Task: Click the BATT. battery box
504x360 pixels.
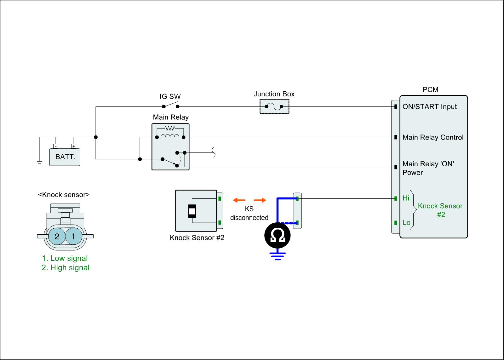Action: tap(65, 157)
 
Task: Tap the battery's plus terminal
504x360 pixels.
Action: tap(73, 146)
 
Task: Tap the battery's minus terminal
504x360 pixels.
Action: tap(55, 146)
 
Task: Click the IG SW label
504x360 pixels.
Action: tap(170, 97)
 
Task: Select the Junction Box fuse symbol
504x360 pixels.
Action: tap(274, 106)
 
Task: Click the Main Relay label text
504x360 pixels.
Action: tap(171, 117)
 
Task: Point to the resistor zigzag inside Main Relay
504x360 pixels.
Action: tap(170, 128)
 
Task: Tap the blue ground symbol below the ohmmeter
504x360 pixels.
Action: tap(277, 256)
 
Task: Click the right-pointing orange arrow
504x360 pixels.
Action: tap(260, 200)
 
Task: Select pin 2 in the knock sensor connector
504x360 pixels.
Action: tap(57, 237)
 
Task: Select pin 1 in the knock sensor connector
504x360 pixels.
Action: tap(73, 237)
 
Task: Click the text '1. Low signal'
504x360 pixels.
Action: tap(65, 258)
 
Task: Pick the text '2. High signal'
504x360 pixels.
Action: tap(66, 268)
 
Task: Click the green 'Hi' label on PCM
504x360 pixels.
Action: tap(406, 198)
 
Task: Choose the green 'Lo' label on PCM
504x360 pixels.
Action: tap(406, 223)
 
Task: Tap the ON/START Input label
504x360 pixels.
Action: tap(429, 107)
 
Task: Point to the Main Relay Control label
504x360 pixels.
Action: tap(433, 137)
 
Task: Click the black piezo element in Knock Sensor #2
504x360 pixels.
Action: tap(192, 211)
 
